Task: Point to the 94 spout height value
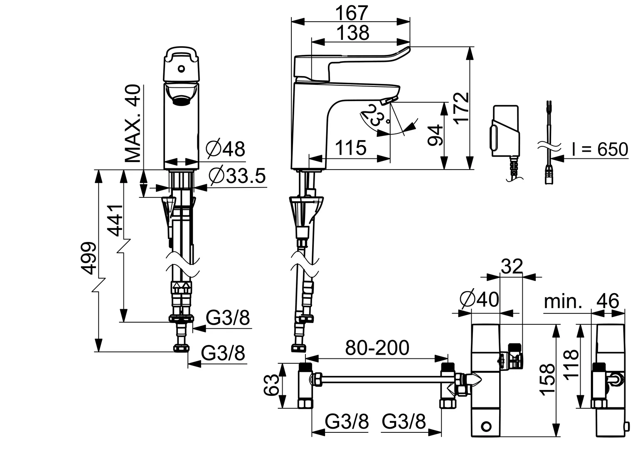point(435,135)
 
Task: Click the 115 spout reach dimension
point(351,148)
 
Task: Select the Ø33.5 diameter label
point(237,176)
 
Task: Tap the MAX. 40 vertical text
point(133,124)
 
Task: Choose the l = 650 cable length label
point(599,149)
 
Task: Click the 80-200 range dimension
point(377,348)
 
